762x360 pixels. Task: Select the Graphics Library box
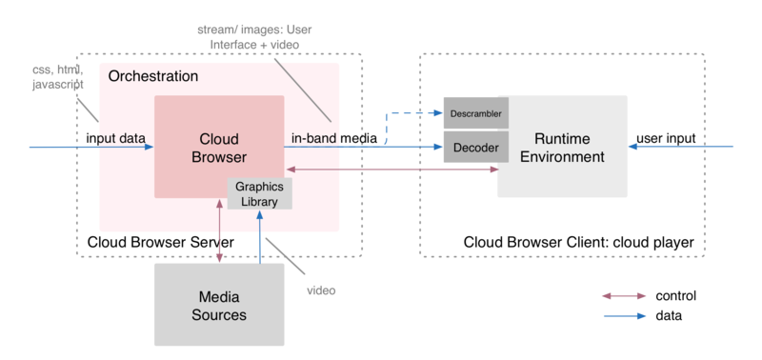259,193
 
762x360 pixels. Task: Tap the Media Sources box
219,305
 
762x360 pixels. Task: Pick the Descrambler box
476,113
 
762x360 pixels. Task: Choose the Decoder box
476,148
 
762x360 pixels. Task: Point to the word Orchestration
153,76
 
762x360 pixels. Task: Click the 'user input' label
668,138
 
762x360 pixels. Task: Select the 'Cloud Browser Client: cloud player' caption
578,243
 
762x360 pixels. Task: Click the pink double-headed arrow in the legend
624,296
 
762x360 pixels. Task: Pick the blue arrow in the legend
624,315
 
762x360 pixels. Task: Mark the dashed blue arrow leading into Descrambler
410,113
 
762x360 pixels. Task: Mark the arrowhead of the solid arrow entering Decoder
437,148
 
